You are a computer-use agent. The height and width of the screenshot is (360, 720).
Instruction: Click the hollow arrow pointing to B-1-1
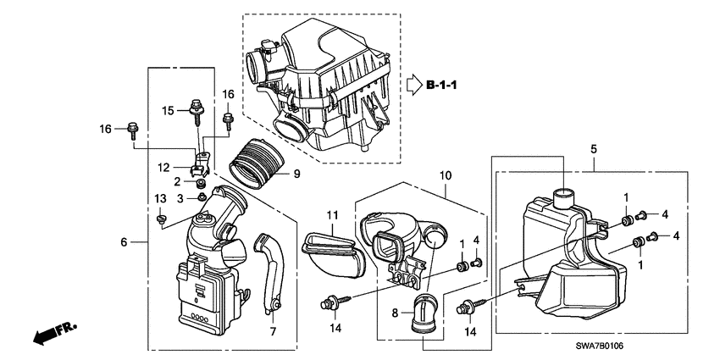pyautogui.click(x=411, y=85)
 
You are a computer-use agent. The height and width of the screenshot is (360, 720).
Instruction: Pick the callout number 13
pyautogui.click(x=158, y=197)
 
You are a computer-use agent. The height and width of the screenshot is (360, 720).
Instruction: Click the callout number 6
pyautogui.click(x=125, y=242)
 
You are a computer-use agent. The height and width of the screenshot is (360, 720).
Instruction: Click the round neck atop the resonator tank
pyautogui.click(x=564, y=197)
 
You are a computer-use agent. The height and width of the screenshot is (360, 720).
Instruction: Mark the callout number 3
pyautogui.click(x=180, y=197)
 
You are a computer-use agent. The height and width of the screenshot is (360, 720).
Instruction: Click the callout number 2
pyautogui.click(x=178, y=181)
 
